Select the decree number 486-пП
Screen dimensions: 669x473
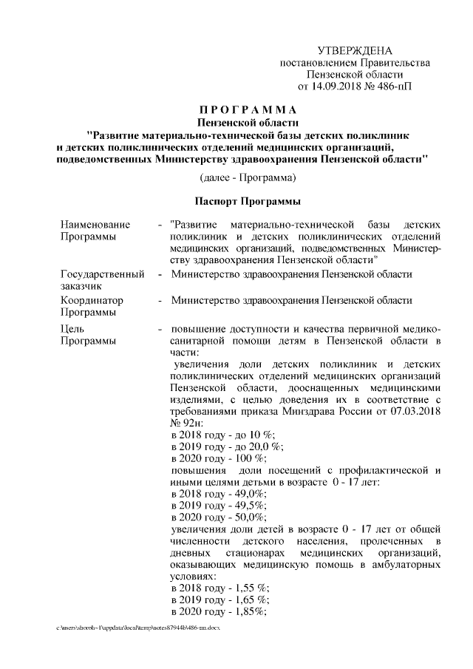click(x=395, y=86)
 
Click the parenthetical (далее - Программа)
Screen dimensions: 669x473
click(x=248, y=177)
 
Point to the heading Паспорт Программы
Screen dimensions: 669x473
click(x=248, y=201)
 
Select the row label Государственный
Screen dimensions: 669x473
click(x=102, y=274)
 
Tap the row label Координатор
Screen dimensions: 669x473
click(x=92, y=301)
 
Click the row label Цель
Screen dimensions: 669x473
click(x=73, y=328)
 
